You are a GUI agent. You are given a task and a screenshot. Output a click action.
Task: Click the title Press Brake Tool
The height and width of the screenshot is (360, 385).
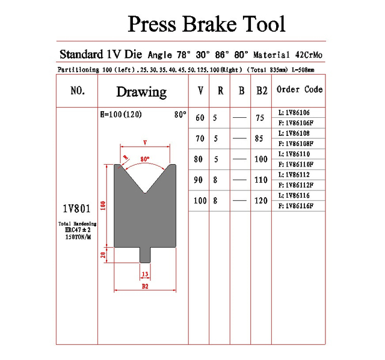(206, 24)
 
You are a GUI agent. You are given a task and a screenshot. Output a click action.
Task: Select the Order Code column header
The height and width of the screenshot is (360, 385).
(300, 90)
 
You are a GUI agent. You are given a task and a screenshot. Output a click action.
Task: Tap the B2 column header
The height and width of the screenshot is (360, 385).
(262, 91)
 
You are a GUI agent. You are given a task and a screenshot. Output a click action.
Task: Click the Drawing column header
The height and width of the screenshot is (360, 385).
(141, 92)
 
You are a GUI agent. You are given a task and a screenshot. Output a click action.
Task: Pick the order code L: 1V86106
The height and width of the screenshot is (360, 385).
(294, 112)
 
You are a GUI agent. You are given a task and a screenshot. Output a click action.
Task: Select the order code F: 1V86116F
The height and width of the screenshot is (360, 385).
(296, 206)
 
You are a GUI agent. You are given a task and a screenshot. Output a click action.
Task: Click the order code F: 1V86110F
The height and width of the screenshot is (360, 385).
(296, 164)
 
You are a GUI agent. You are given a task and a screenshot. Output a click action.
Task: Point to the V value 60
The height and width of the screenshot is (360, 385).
(200, 118)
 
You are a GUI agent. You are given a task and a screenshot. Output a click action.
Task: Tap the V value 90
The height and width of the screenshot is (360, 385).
(198, 180)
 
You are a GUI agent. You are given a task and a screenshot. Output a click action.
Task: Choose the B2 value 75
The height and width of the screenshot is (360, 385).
(260, 118)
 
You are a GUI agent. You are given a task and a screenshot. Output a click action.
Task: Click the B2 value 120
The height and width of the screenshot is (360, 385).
(260, 201)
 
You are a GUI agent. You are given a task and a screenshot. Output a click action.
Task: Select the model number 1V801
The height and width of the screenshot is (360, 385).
(77, 209)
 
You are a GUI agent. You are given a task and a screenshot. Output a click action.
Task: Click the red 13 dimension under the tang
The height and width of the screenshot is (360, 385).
(145, 274)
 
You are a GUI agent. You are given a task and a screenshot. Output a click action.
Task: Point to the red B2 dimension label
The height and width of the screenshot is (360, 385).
(145, 286)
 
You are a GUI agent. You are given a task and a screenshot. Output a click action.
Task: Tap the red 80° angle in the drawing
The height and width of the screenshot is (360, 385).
(145, 159)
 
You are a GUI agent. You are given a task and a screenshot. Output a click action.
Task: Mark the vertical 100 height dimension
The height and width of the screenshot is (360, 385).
(103, 206)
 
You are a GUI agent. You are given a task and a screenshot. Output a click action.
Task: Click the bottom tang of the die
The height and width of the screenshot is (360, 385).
(145, 255)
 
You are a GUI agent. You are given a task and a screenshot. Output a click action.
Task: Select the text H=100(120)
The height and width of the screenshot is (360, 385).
(121, 114)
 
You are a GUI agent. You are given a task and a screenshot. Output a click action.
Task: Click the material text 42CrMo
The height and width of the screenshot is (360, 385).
(309, 55)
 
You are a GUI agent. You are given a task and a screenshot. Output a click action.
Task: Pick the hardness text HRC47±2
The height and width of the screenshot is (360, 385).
(78, 230)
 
